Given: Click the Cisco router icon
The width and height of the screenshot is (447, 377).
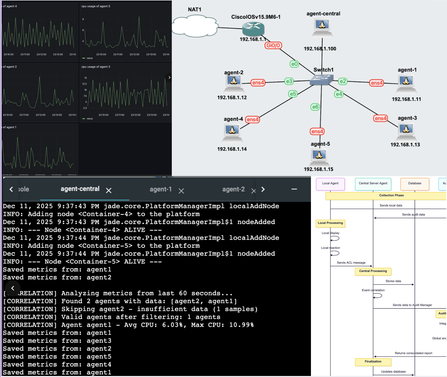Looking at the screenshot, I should [x=253, y=29].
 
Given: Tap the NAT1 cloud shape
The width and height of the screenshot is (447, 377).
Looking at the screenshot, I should [x=195, y=26].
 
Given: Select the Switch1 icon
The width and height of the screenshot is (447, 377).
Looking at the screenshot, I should [x=321, y=80].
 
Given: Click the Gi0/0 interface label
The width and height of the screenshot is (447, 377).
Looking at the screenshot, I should [x=273, y=46].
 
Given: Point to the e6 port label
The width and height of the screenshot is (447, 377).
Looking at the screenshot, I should [x=315, y=107].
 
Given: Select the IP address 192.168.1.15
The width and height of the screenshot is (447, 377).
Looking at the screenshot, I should [x=318, y=169].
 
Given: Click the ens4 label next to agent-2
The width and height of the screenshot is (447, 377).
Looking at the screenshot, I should [x=258, y=83].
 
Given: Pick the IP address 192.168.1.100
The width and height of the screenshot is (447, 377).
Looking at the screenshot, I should [x=320, y=49].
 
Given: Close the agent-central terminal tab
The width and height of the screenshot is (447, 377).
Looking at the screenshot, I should [x=109, y=191].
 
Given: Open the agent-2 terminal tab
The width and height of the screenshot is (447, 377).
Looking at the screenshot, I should [x=233, y=190].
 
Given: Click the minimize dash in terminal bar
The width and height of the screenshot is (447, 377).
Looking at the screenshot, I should [x=294, y=189].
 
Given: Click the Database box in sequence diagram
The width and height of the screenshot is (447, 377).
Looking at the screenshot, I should [x=414, y=184].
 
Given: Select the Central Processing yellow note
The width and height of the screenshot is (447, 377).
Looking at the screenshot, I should [x=373, y=271].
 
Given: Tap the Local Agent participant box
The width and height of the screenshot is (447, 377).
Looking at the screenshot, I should [x=330, y=184].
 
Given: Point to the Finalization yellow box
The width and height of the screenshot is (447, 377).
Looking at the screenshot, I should [x=373, y=362].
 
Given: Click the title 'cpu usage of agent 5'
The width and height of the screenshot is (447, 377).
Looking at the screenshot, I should [x=96, y=6].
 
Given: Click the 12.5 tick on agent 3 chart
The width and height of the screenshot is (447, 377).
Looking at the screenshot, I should [x=84, y=84].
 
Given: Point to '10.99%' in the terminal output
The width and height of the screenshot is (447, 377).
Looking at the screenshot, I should [x=241, y=325].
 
